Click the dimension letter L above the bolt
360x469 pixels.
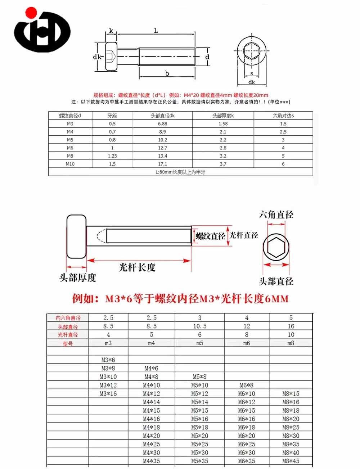click(156, 31)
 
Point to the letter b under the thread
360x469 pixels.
click(167, 73)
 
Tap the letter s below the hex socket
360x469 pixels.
click(252, 73)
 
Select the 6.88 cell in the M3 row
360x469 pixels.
click(162, 123)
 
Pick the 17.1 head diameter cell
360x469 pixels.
click(162, 164)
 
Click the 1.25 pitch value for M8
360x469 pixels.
click(112, 156)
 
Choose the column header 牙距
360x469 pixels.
click(112, 116)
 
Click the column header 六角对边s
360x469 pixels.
click(283, 116)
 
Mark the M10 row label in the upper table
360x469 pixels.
click(70, 164)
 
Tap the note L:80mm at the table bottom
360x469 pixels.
click(180, 172)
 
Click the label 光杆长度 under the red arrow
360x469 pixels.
click(137, 267)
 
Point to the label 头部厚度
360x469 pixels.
click(78, 278)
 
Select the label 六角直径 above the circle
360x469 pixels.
click(276, 215)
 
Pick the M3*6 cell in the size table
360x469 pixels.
click(108, 360)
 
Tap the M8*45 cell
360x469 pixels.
click(291, 461)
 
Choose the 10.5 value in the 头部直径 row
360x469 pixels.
click(199, 326)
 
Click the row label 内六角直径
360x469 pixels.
click(68, 318)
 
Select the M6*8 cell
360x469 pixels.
click(246, 385)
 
